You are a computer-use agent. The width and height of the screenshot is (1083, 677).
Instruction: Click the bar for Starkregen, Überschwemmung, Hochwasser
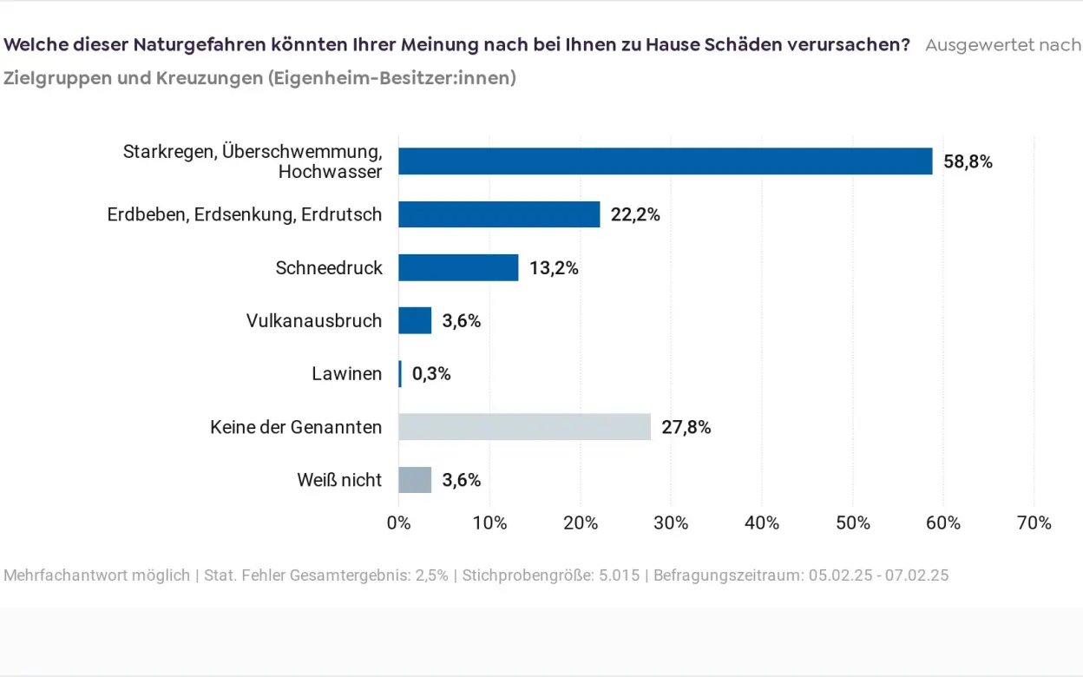pos(665,161)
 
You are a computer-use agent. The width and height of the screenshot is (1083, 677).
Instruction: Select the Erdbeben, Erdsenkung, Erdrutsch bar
pos(499,214)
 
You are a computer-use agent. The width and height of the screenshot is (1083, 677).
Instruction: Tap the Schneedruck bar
pos(458,267)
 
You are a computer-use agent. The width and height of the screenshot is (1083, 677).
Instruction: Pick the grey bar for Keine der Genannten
pos(524,427)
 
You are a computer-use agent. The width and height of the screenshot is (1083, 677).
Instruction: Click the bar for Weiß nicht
pos(415,480)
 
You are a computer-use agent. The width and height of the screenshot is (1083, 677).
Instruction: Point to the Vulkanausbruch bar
pos(415,321)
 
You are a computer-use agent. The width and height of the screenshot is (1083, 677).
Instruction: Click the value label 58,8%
pos(968,161)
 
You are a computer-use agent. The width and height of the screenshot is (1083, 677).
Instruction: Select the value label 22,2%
pos(635,214)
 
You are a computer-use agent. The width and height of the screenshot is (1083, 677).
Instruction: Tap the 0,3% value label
pos(431,374)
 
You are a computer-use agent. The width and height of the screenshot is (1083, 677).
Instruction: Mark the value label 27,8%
pos(686,427)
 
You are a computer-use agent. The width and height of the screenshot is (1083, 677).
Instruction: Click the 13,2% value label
pos(554,268)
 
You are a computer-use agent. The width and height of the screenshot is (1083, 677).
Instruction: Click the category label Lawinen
pos(346,374)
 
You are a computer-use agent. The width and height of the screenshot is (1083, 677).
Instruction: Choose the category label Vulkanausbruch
pos(313,321)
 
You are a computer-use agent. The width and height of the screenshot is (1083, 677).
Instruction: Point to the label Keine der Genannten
pos(295,427)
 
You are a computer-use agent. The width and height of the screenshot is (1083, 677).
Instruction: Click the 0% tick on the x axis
pos(398,523)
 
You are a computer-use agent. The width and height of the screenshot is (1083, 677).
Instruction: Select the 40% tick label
pos(761,523)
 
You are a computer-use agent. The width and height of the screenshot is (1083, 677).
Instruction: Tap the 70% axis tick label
pos(1034,523)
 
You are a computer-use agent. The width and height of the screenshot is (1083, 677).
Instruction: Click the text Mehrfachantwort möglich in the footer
pos(96,575)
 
